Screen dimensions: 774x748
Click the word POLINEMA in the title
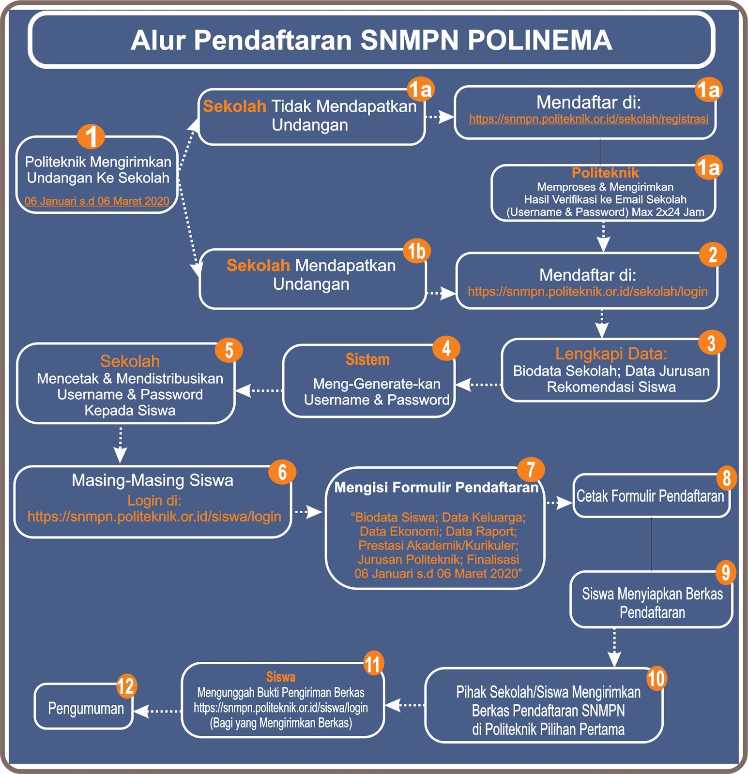click(540, 40)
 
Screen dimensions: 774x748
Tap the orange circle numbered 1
click(91, 136)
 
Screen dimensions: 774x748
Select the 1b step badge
click(416, 252)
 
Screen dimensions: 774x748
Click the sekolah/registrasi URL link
click(588, 119)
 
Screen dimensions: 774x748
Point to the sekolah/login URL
click(587, 292)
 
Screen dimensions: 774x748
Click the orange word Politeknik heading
click(605, 173)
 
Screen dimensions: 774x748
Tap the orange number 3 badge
click(712, 343)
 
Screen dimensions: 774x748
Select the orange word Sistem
click(367, 359)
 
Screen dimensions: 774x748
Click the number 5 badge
click(229, 350)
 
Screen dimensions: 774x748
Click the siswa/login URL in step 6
click(154, 517)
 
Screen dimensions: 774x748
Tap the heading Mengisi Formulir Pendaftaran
click(436, 487)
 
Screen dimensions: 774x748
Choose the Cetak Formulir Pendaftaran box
click(650, 496)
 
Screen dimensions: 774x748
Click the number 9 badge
click(725, 572)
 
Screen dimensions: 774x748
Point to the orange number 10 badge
click(656, 678)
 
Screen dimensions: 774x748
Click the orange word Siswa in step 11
click(281, 677)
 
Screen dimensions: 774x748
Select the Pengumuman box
click(85, 709)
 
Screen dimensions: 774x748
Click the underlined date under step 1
click(97, 201)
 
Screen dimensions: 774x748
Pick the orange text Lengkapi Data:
click(611, 354)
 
